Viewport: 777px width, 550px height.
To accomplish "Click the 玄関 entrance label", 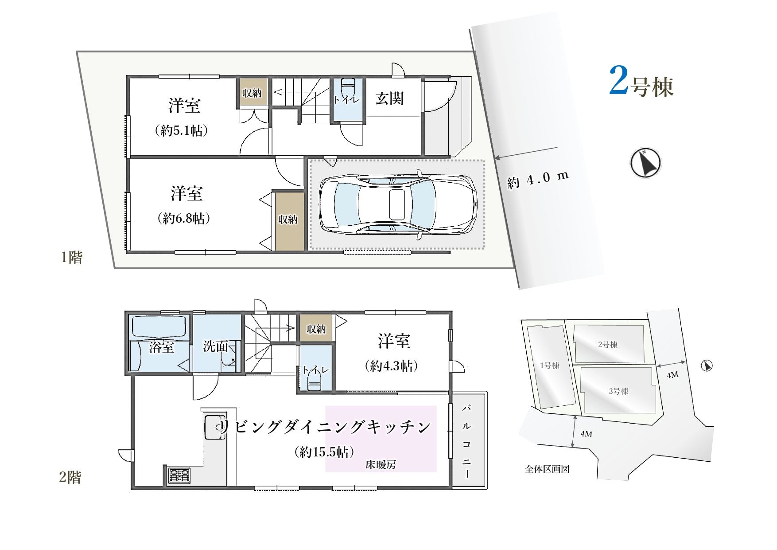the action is pos(390,98).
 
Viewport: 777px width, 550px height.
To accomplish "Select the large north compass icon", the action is pos(645,162).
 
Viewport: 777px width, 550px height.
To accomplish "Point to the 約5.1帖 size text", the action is pos(182,131).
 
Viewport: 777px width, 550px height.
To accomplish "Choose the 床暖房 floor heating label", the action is pos(381,465).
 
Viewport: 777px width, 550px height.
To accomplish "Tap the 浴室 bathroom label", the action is pos(161,347).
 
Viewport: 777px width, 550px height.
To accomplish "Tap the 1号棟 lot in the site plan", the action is pos(550,366).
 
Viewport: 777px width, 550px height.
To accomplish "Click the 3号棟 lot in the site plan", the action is pos(618,391).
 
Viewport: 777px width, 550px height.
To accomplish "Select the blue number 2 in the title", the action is pos(619,81).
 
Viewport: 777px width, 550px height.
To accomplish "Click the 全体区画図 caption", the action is pos(547,469).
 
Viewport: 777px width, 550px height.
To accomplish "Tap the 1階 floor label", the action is pos(71,258).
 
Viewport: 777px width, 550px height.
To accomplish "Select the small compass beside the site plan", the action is pos(707,366).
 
